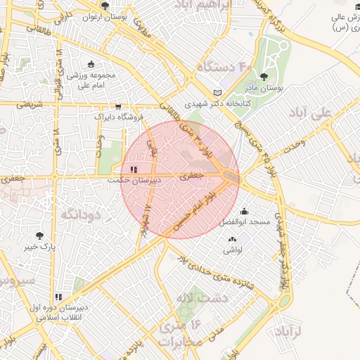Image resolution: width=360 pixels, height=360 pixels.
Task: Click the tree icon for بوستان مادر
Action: click(x=264, y=77)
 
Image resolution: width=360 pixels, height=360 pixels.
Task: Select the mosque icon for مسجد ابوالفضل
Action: click(x=244, y=210)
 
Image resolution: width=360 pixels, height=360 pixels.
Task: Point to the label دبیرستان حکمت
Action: click(x=134, y=180)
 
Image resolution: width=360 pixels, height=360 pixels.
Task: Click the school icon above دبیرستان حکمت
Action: click(x=134, y=169)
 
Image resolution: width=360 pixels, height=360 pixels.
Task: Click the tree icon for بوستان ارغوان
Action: click(x=105, y=6)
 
